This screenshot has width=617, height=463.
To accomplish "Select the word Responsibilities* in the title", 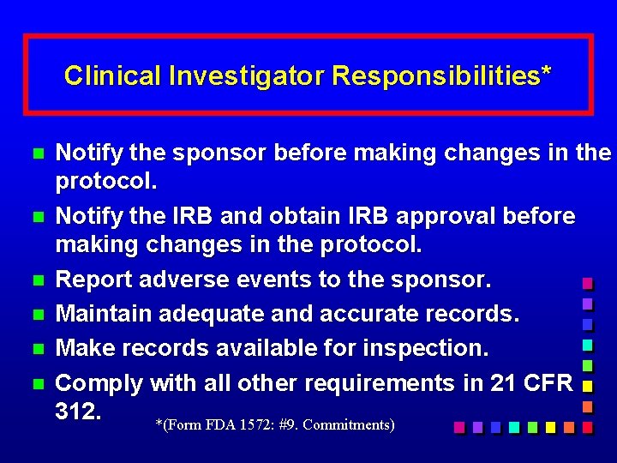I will pyautogui.click(x=441, y=76).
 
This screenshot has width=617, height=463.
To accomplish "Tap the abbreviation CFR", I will pyautogui.click(x=546, y=383).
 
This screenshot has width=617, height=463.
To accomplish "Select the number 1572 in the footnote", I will pyautogui.click(x=255, y=424).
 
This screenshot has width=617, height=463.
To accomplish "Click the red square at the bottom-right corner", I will pyautogui.click(x=588, y=426).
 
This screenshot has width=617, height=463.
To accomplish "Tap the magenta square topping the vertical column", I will pyautogui.click(x=588, y=283).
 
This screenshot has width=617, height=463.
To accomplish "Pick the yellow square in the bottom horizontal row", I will pyautogui.click(x=551, y=426).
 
